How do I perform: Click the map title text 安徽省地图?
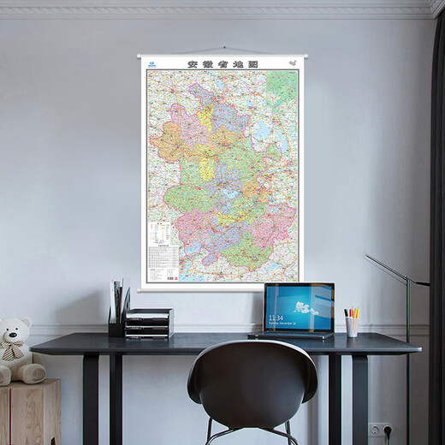tap(222, 64)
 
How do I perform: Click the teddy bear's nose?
tap(11, 340)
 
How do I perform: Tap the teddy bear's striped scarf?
tap(15, 352)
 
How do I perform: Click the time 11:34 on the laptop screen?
tap(276, 317)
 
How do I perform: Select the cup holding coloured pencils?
tap(352, 326)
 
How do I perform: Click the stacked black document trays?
tap(149, 323)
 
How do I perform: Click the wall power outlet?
tap(377, 430)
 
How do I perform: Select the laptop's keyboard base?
tap(292, 335)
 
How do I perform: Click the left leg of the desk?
tap(90, 399)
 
